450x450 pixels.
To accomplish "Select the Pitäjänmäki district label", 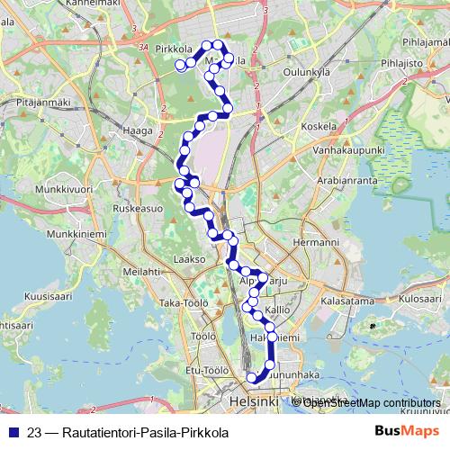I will point(42,103).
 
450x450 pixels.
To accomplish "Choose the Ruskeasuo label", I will point(139,208).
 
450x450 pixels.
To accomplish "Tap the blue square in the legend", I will point(13,432).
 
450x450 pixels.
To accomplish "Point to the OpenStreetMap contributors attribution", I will point(372,402).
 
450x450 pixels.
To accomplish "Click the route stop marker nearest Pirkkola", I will point(180,65).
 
